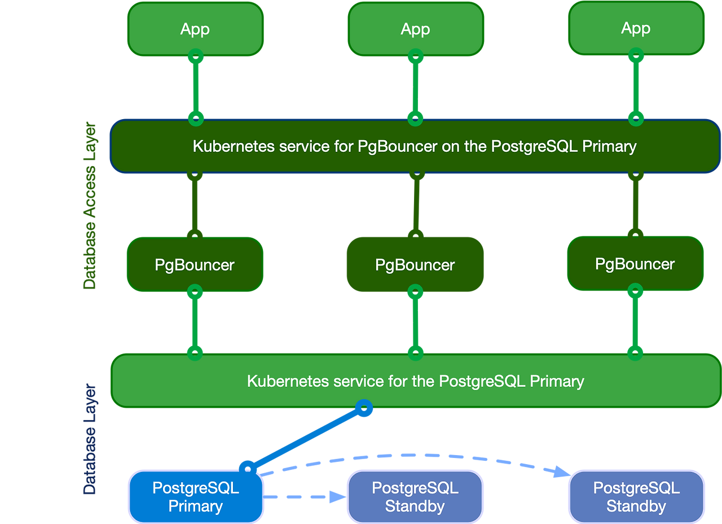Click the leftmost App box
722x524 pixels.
pyautogui.click(x=195, y=29)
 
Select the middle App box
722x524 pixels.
pyautogui.click(x=415, y=29)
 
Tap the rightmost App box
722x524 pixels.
pyautogui.click(x=636, y=29)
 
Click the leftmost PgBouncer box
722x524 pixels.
pyautogui.click(x=195, y=264)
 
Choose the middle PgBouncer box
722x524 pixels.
pyautogui.click(x=415, y=265)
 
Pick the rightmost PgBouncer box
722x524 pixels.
pyautogui.click(x=635, y=264)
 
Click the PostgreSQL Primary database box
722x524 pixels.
pyautogui.click(x=196, y=497)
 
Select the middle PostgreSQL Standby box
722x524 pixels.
pyautogui.click(x=415, y=497)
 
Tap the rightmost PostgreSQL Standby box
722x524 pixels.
pyautogui.click(x=636, y=497)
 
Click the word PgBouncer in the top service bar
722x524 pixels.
pyautogui.click(x=397, y=146)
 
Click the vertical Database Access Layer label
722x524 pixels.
pyautogui.click(x=90, y=206)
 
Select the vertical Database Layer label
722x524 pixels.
pyautogui.click(x=90, y=440)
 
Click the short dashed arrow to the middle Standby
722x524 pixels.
pyautogui.click(x=305, y=497)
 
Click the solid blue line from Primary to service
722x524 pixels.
pyautogui.click(x=305, y=438)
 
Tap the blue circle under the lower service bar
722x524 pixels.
pyautogui.click(x=364, y=408)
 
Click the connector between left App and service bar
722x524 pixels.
pyautogui.click(x=195, y=88)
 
